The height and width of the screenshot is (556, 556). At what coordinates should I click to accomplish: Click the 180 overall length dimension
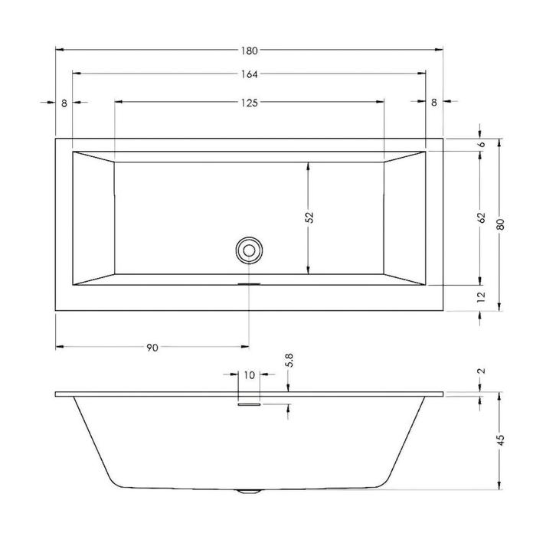[250, 51]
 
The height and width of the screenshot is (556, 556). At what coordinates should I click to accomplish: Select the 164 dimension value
[250, 74]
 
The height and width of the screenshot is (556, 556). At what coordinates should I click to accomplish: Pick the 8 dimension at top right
[434, 102]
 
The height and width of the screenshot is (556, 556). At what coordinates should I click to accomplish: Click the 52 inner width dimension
[309, 217]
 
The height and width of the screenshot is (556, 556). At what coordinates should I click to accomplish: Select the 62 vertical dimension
[481, 217]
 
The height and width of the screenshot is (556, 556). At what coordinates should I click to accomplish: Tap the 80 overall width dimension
[500, 224]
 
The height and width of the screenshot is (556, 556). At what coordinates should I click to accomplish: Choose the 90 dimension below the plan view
[152, 348]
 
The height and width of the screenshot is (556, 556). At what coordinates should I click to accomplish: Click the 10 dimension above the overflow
[249, 374]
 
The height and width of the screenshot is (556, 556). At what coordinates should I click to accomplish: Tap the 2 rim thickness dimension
[481, 371]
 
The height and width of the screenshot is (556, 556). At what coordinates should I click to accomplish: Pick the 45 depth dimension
[500, 441]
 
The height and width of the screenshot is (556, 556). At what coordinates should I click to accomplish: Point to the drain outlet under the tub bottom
[249, 492]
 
